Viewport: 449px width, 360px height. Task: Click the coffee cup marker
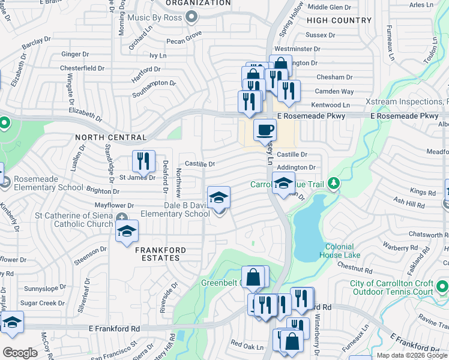point(265,129)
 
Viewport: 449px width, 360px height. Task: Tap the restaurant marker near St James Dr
point(143,160)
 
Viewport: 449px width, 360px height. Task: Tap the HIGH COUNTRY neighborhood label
point(339,20)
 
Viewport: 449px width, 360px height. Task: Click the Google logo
point(20,353)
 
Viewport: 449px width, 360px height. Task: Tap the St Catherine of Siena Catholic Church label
point(74,220)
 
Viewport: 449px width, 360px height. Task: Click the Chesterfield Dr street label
point(82,68)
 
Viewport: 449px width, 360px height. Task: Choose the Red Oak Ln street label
point(247,346)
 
